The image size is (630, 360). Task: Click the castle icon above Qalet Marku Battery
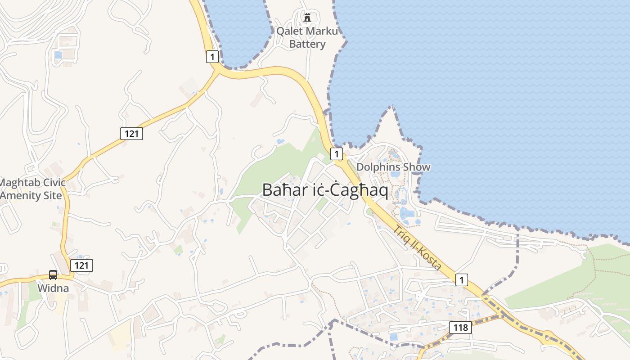pyautogui.click(x=308, y=18)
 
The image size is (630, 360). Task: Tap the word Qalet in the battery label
pyautogui.click(x=289, y=31)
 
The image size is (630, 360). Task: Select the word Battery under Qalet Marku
pyautogui.click(x=307, y=44)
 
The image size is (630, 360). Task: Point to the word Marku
pyautogui.click(x=321, y=31)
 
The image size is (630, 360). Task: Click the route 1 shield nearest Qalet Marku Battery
pyautogui.click(x=213, y=57)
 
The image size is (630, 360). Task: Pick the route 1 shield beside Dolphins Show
pyautogui.click(x=337, y=154)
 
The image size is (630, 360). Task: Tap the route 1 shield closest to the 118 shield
pyautogui.click(x=461, y=280)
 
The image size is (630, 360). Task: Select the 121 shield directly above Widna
pyautogui.click(x=81, y=265)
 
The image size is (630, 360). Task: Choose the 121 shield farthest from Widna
pyautogui.click(x=131, y=133)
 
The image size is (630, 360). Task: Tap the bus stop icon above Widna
pyautogui.click(x=53, y=274)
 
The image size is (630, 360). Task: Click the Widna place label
pyautogui.click(x=53, y=288)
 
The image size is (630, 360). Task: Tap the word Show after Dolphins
pyautogui.click(x=417, y=167)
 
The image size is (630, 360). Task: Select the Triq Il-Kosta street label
pyautogui.click(x=417, y=247)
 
